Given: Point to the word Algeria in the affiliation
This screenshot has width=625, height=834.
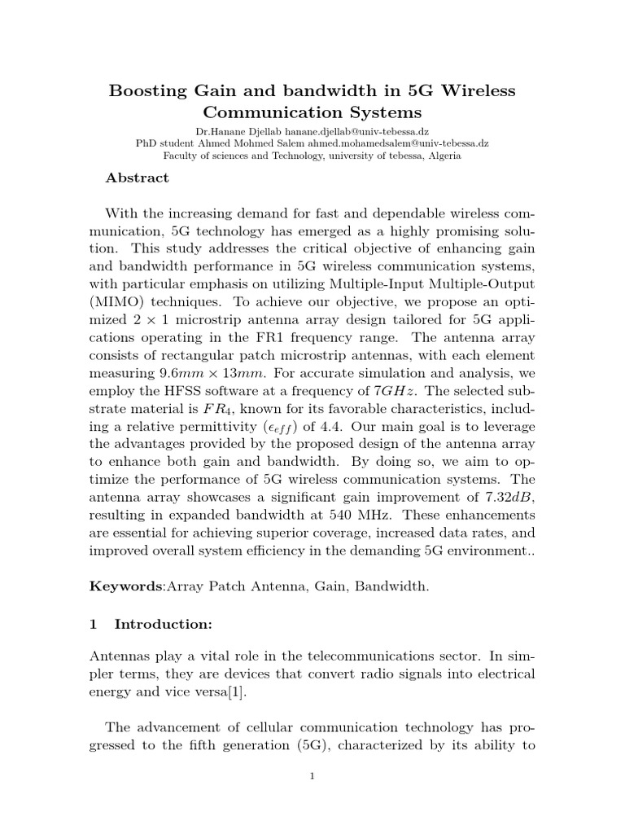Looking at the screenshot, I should [440, 155].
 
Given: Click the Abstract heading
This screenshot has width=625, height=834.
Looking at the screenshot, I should [138, 178].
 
